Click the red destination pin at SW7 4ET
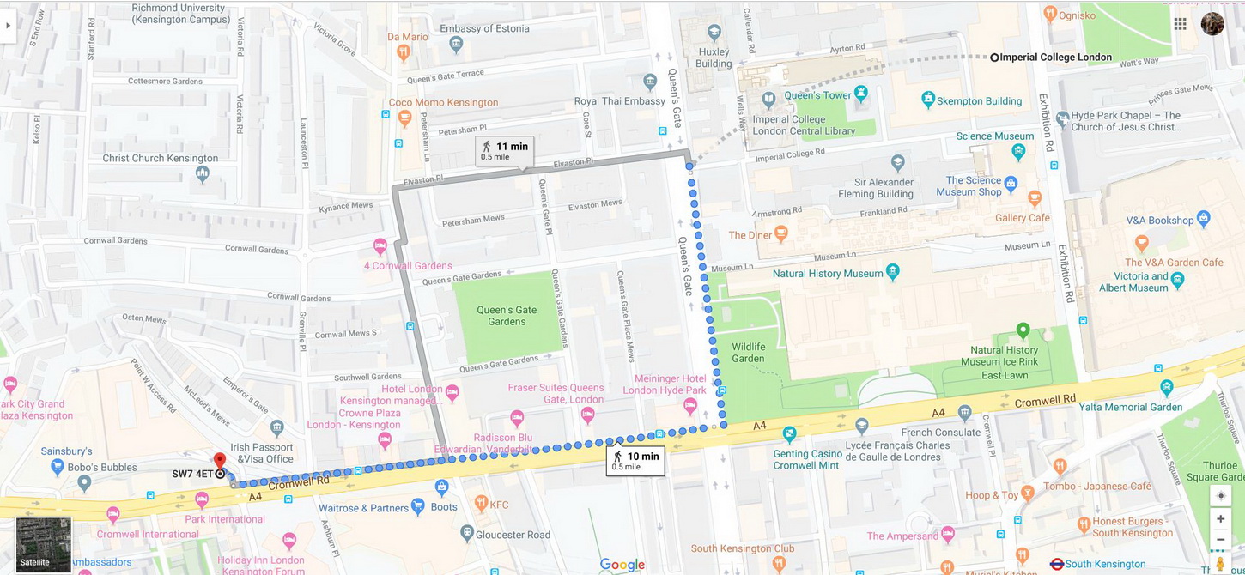219,462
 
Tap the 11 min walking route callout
505,151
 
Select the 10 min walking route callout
635,461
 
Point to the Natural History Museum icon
894,272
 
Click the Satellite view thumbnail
44,544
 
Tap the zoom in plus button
1220,518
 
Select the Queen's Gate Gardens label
507,316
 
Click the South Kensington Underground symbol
1057,564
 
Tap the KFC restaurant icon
481,505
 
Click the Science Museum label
995,136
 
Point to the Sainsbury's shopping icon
57,467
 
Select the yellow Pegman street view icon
1220,563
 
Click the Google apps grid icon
1181,24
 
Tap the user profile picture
1212,24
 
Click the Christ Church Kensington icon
203,174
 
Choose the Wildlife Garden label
748,352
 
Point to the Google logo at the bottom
622,565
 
